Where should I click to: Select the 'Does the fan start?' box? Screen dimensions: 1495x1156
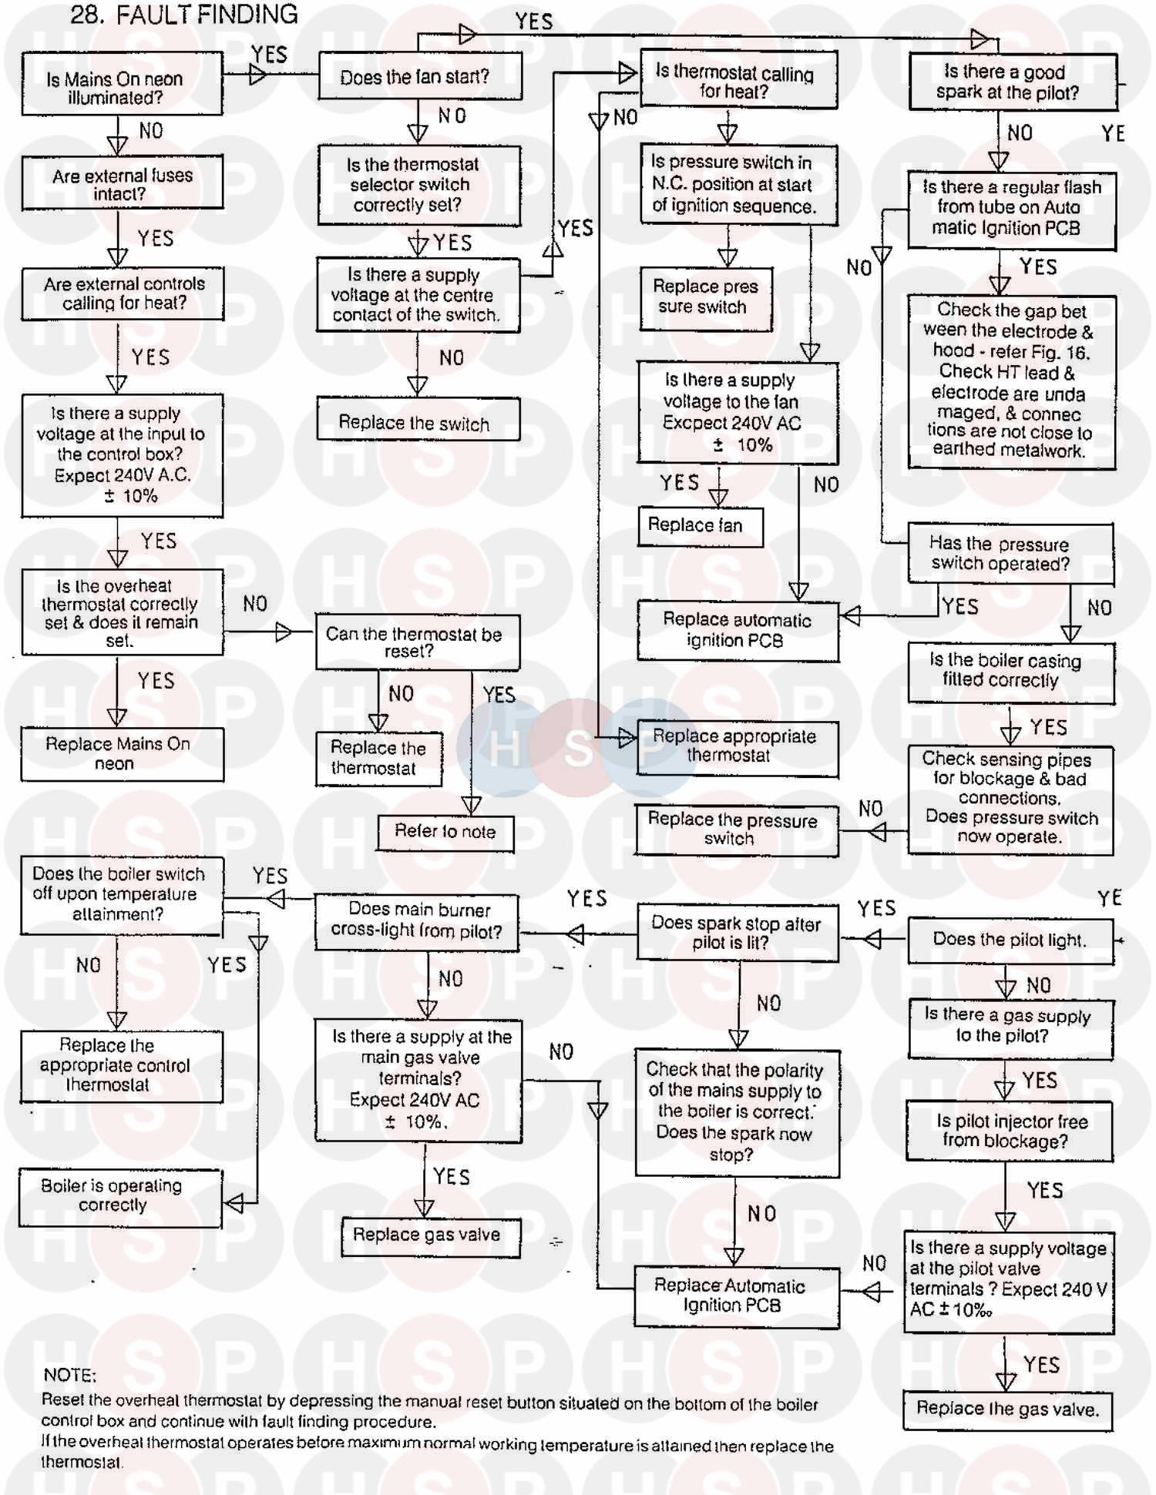click(420, 76)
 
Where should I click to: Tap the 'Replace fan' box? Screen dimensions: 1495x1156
click(700, 526)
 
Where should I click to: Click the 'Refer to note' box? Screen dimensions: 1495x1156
click(445, 832)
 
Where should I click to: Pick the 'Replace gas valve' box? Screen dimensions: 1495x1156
click(431, 1236)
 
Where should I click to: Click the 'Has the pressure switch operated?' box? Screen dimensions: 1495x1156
click(1010, 554)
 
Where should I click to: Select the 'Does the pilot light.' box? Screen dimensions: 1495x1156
click(1010, 940)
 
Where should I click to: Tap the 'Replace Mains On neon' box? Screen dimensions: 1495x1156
click(122, 754)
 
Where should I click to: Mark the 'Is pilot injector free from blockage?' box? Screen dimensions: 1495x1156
click(1010, 1131)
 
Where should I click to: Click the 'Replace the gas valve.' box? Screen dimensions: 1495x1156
click(1007, 1410)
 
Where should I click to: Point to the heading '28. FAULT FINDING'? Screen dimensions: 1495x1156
click(184, 15)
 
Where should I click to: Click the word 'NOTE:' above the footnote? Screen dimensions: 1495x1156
click(70, 1376)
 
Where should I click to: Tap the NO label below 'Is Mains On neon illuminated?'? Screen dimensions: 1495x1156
click(151, 131)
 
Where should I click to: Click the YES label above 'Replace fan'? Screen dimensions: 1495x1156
click(679, 483)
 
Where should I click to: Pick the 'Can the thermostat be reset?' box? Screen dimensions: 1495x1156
click(417, 642)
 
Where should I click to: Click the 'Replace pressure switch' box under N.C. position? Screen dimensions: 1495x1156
click(705, 297)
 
